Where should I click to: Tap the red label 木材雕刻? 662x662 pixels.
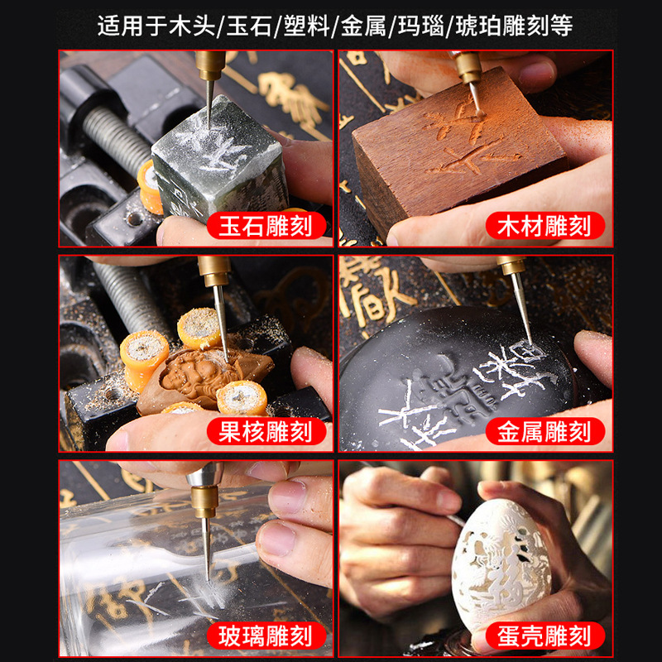click(544, 226)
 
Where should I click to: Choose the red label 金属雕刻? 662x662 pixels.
click(544, 430)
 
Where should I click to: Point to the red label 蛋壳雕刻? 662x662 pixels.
click(544, 636)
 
